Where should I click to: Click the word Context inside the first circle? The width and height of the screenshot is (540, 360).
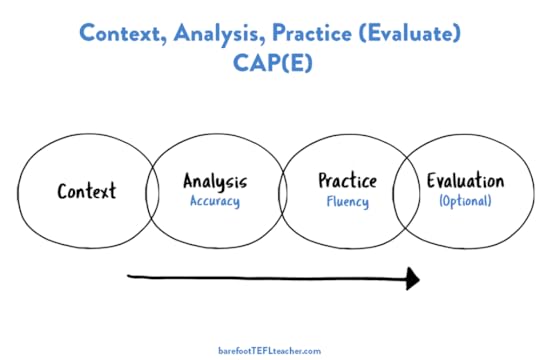[86, 190]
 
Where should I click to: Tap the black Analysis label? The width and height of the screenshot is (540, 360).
[214, 182]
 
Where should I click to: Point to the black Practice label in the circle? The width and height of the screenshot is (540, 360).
[347, 182]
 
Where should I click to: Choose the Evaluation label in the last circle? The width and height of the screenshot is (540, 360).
[465, 182]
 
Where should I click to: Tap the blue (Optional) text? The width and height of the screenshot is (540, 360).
[465, 201]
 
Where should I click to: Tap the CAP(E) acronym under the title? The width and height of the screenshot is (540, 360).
[271, 62]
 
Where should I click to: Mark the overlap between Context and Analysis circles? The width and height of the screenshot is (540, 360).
[153, 191]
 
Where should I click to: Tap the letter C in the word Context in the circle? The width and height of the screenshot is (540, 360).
[63, 190]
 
